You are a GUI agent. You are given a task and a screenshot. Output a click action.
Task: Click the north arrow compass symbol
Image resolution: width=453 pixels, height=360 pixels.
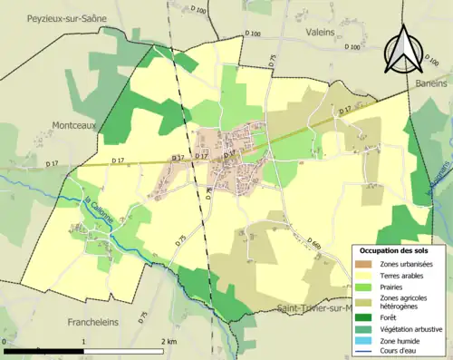click(400, 50)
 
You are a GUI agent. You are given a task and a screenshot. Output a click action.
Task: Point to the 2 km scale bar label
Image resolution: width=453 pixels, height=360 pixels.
click(168, 342)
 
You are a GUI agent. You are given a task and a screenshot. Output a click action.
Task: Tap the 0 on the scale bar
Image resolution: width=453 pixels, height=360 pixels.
click(6, 342)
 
